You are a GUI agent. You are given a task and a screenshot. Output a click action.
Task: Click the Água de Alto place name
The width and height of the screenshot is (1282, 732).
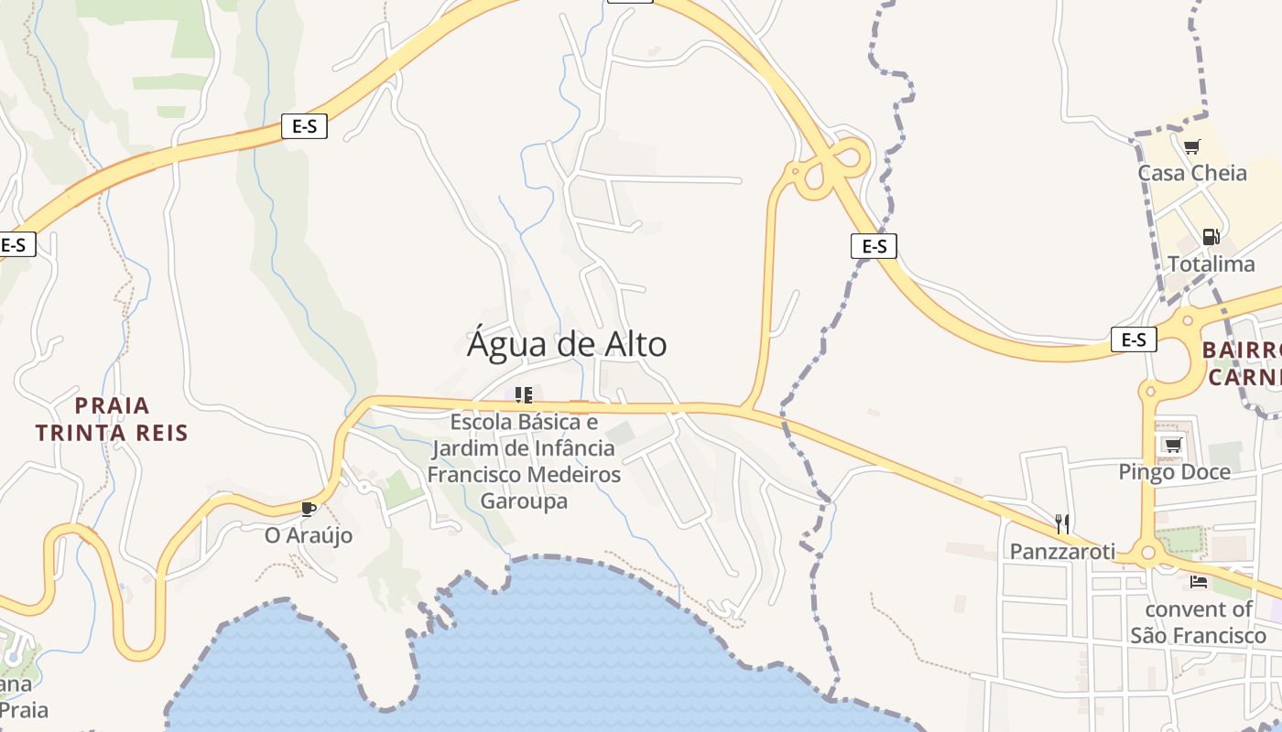point(567,345)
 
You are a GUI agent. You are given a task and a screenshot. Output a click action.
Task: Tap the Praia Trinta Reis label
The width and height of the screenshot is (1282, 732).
point(112,419)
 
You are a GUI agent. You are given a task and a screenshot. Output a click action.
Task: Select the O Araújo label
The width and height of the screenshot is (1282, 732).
point(309,535)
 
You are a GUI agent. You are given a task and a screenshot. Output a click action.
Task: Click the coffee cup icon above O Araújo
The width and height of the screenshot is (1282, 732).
point(308,509)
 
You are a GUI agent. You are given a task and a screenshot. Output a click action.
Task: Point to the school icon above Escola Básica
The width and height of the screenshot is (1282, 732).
point(524,395)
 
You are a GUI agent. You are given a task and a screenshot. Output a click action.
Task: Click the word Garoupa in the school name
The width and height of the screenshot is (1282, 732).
point(524,501)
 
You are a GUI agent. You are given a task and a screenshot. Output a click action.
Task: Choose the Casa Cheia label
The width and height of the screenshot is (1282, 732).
point(1192,173)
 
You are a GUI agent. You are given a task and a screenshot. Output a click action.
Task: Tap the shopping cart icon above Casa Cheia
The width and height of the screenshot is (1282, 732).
point(1191,146)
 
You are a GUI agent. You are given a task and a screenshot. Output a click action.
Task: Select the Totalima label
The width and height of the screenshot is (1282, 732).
point(1211,264)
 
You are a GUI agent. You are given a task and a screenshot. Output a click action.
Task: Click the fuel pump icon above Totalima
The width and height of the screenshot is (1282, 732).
point(1211,237)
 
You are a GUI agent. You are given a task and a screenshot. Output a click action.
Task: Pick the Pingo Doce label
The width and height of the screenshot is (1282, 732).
point(1174,472)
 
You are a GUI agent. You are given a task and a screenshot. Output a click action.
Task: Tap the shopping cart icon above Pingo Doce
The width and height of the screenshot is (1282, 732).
point(1172,445)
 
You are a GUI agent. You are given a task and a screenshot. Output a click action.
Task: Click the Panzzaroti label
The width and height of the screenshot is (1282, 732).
point(1062,551)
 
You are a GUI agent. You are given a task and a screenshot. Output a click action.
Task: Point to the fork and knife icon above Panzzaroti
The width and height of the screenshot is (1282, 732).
point(1062,524)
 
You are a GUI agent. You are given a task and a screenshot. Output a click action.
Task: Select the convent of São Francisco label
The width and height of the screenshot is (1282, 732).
point(1198,622)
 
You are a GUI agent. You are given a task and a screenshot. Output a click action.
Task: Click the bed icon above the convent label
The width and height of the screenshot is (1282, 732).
point(1198,582)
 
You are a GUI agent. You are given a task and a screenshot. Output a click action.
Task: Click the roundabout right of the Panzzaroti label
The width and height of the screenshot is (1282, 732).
point(1147,554)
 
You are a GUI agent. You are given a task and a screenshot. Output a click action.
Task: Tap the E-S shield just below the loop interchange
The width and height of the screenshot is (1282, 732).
point(874,246)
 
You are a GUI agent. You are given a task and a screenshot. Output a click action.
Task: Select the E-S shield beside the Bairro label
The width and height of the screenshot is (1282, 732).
point(1134,340)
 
